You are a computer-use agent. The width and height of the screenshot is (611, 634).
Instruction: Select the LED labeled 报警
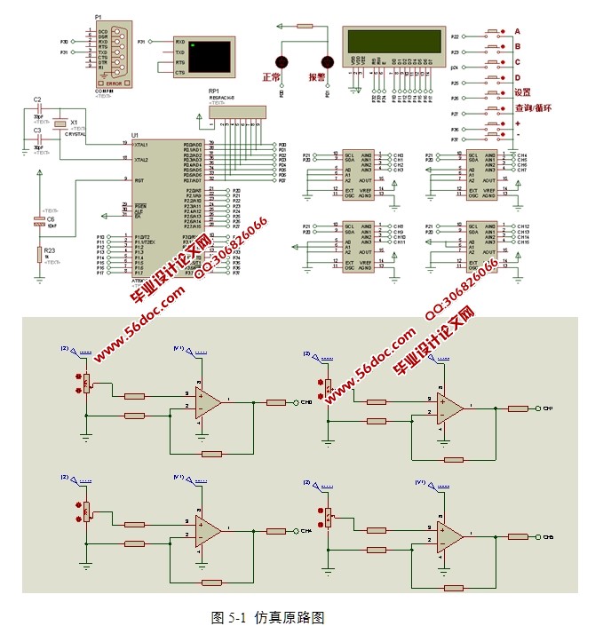pos(326,62)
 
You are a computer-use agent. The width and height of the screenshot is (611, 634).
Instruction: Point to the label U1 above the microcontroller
pos(135,135)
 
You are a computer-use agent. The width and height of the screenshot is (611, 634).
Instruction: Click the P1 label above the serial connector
pos(98,17)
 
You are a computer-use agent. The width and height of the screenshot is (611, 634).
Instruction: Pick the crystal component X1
pos(60,123)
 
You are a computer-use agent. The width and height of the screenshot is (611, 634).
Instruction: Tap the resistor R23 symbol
pos(39,255)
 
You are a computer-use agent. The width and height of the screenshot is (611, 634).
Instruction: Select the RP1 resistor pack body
pos(237,111)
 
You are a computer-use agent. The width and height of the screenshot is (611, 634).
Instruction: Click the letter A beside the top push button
pos(517,31)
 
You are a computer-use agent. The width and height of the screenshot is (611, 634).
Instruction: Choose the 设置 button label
pos(522,92)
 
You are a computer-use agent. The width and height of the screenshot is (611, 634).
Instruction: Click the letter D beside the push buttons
pos(517,78)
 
